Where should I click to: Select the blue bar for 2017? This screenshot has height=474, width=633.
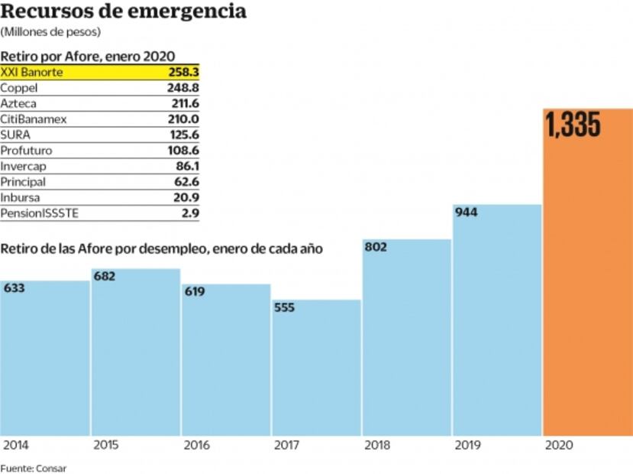click(316, 367)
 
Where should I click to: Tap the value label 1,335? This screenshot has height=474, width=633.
click(573, 125)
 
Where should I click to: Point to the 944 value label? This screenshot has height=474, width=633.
click(466, 213)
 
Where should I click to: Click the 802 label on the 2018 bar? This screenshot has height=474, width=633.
click(376, 247)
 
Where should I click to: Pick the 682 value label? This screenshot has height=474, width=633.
click(104, 276)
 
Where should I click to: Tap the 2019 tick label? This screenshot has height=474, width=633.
click(465, 444)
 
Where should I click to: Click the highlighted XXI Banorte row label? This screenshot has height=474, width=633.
click(31, 72)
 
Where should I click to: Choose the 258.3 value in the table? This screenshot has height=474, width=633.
click(183, 72)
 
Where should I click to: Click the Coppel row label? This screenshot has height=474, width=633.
click(19, 88)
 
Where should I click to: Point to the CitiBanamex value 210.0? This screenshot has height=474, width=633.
click(183, 119)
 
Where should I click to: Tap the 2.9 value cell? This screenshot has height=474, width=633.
click(190, 214)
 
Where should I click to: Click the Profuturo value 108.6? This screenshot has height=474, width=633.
click(183, 151)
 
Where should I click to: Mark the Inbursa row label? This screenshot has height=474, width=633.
click(20, 198)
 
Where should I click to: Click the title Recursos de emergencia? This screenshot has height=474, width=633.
click(123, 12)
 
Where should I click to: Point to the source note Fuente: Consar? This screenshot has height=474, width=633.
click(33, 468)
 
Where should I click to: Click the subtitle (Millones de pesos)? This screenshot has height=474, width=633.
click(50, 32)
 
